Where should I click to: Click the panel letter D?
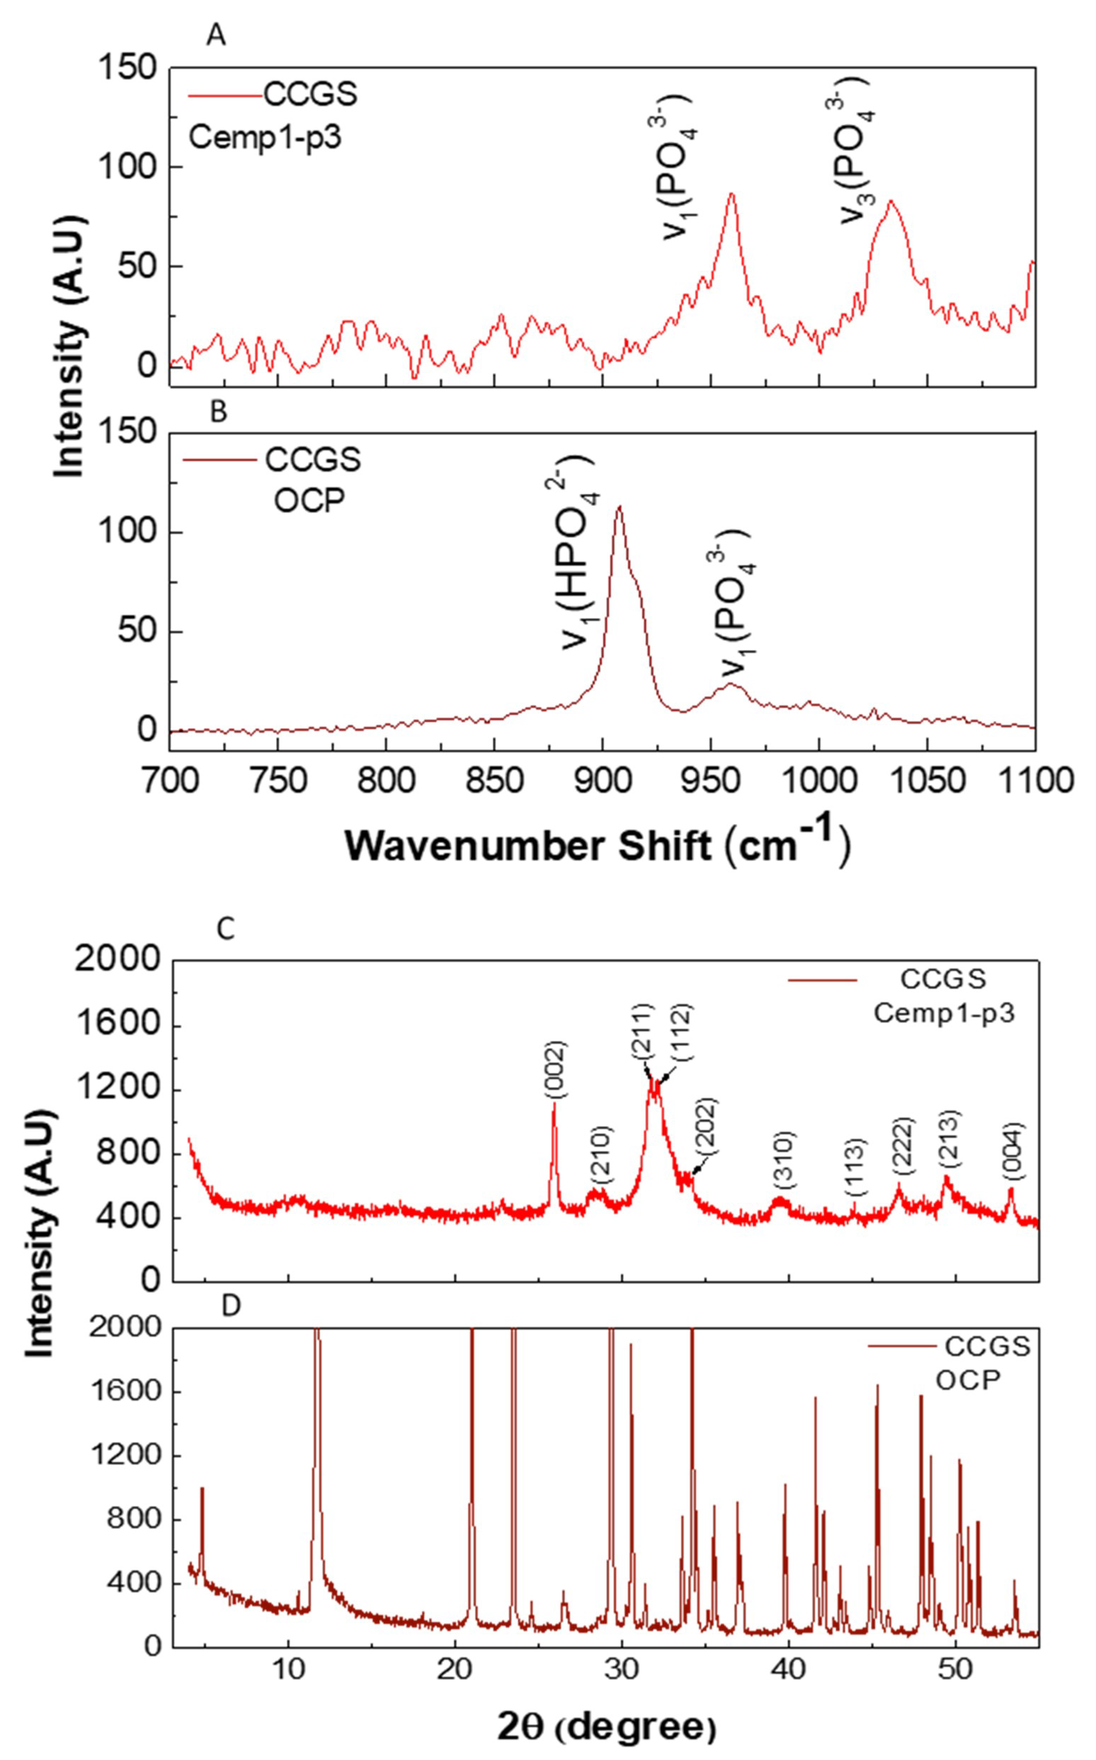coord(230,1306)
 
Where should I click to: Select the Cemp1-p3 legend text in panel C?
coord(944,1013)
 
